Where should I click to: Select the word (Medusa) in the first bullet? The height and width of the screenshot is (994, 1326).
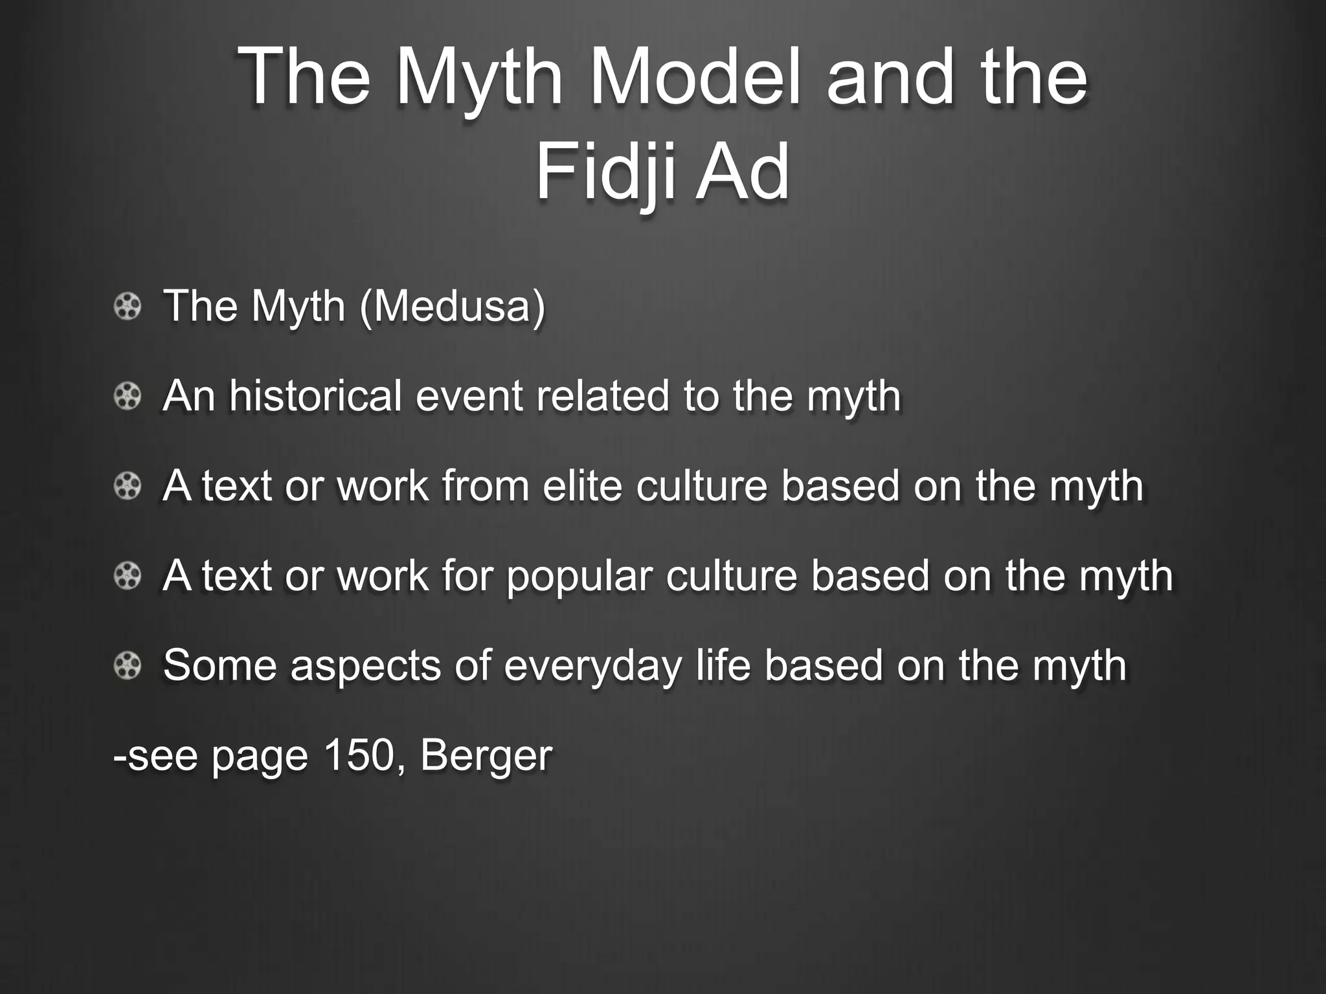click(453, 306)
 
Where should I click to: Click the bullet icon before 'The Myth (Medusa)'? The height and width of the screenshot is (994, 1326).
click(128, 306)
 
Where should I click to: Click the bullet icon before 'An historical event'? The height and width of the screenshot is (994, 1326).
click(128, 396)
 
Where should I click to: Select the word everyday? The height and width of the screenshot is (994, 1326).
click(592, 665)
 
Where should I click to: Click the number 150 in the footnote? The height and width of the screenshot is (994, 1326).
click(359, 755)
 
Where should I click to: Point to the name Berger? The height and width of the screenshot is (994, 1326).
click(486, 755)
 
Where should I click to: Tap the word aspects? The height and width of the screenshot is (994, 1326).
click(365, 665)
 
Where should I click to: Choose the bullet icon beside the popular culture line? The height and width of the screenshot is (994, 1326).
click(128, 575)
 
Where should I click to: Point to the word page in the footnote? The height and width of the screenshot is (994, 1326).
click(259, 756)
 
